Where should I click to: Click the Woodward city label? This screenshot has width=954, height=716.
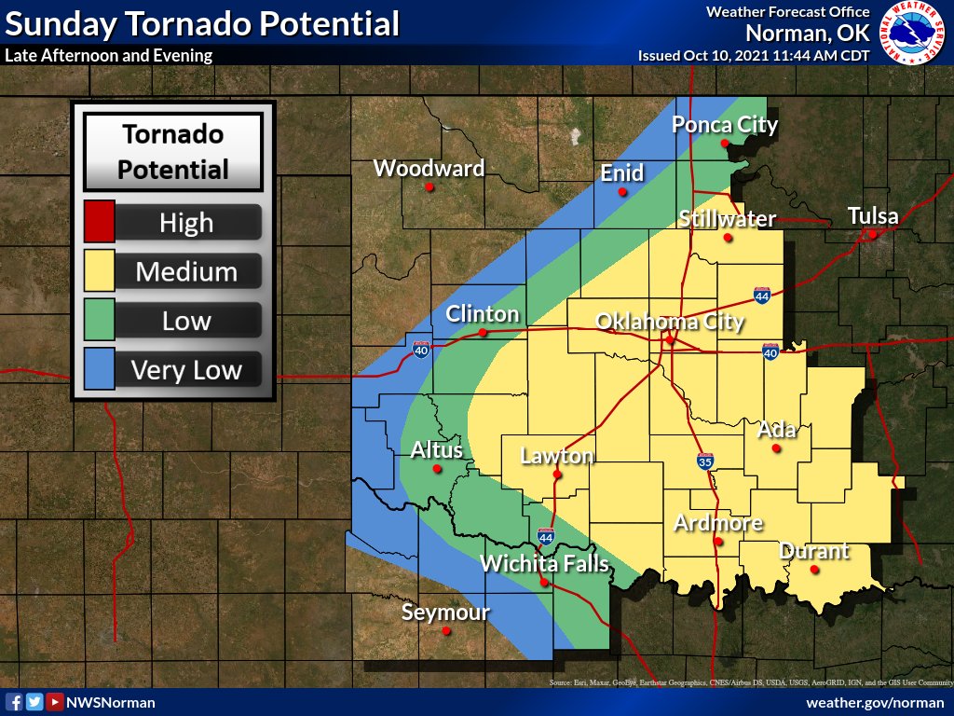429,169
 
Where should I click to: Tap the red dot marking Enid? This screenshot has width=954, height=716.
622,192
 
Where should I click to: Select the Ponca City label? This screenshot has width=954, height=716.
725,125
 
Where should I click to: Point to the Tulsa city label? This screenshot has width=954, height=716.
873,216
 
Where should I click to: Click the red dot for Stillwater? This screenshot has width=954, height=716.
728,238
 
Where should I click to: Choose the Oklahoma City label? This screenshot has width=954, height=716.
670,323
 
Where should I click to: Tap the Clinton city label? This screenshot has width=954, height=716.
482,314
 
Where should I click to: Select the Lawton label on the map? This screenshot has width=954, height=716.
556,456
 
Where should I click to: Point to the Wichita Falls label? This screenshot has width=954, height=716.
544,564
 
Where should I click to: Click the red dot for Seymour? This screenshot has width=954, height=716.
446,631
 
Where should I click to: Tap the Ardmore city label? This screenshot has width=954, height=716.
718,523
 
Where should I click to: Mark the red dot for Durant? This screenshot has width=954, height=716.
814,570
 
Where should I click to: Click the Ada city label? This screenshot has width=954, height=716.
776,430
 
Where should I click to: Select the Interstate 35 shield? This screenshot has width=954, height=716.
705,461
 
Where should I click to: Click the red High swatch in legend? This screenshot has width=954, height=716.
100,222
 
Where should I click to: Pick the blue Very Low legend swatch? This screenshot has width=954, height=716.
100,369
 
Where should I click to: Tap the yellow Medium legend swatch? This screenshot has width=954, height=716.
100,271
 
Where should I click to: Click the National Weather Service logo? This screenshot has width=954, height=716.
912,34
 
